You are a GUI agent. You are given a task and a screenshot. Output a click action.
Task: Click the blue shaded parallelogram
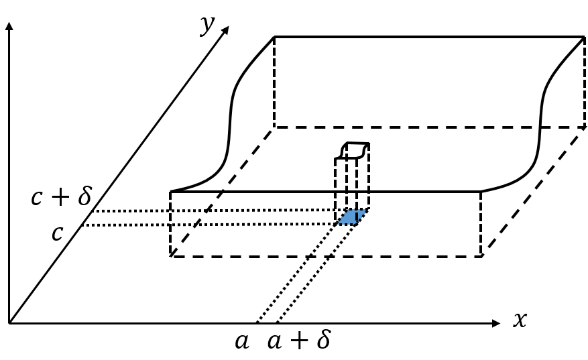pyautogui.click(x=351, y=217)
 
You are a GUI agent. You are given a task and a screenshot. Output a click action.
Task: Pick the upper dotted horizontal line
pyautogui.click(x=268, y=211)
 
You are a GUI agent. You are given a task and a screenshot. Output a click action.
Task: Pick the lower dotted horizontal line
pyautogui.click(x=268, y=225)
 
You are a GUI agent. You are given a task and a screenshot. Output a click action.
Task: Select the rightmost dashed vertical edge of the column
pyautogui.click(x=369, y=178)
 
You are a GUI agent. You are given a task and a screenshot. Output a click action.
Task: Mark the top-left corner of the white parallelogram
pyautogui.click(x=274, y=128)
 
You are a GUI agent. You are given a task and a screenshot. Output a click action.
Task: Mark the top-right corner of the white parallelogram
pyautogui.click(x=582, y=128)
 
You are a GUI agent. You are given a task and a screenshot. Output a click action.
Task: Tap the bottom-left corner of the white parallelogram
pyautogui.click(x=174, y=255)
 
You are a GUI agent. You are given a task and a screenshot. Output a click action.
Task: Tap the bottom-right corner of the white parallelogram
pyautogui.click(x=482, y=255)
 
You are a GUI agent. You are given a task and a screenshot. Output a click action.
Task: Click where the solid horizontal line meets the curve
pyautogui.click(x=481, y=192)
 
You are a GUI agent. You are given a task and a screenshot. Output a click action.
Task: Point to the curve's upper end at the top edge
pyautogui.click(x=540, y=129)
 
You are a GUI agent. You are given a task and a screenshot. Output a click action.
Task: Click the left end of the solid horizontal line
pyautogui.click(x=224, y=192)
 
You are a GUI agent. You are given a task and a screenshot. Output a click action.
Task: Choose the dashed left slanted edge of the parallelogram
pyautogui.click(x=224, y=192)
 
